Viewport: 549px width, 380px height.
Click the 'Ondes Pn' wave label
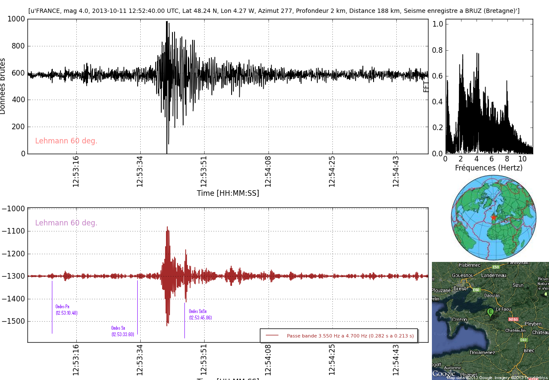tap(66, 310)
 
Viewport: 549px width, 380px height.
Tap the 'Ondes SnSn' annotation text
tap(200, 314)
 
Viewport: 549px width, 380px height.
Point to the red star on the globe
tap(494, 218)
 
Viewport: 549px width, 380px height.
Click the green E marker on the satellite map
tap(490, 312)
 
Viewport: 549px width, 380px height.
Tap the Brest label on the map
tap(460, 289)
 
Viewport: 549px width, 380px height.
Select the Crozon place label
tap(459, 319)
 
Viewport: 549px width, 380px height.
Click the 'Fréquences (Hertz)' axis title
tap(489, 168)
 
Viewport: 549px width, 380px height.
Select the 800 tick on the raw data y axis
tap(17, 46)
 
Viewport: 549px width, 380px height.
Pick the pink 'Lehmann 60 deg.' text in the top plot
tap(66, 141)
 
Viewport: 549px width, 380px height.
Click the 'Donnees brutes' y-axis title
tap(3, 86)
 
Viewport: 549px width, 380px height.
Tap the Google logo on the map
tap(443, 374)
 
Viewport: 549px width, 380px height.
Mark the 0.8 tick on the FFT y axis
tap(437, 50)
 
